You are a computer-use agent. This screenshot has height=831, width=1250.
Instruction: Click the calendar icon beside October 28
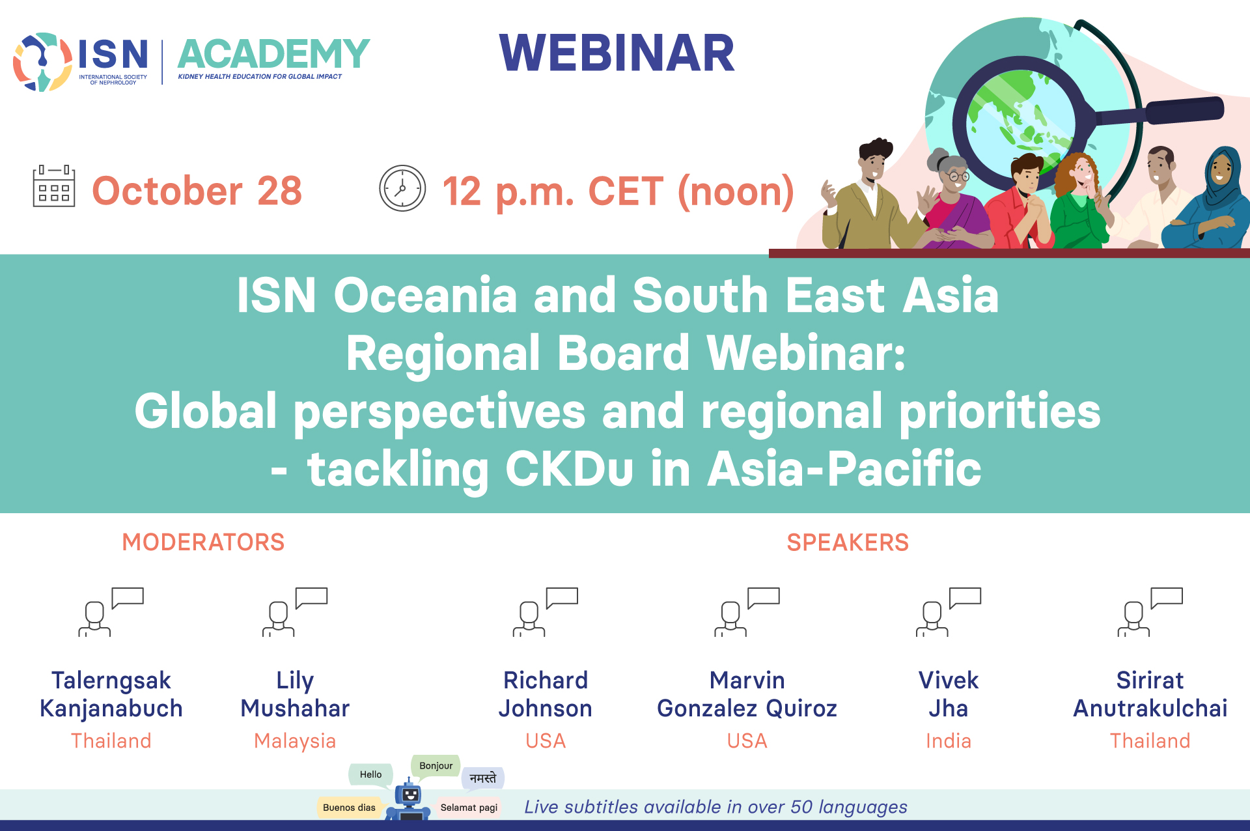[x=54, y=186]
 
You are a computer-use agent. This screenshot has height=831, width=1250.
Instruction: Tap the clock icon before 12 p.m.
[x=402, y=188]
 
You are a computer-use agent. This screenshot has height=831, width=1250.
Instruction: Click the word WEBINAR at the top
[x=617, y=53]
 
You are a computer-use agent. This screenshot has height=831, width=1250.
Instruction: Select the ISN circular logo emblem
[x=42, y=62]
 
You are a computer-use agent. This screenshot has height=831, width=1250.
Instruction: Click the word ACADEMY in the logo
[x=273, y=53]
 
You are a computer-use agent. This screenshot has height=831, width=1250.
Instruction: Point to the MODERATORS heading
[x=203, y=542]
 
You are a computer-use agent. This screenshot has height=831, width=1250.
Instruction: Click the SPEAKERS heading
[x=848, y=542]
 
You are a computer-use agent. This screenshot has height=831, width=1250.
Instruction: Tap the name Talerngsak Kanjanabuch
[x=111, y=694]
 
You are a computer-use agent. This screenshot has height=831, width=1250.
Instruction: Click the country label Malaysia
[x=295, y=740]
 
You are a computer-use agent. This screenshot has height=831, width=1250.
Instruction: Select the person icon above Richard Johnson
[x=546, y=612]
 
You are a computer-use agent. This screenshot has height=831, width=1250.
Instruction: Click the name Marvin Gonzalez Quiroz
[x=747, y=694]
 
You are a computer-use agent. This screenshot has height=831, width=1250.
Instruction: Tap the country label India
[x=949, y=740]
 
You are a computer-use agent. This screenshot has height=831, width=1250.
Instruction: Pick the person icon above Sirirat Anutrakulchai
[x=1150, y=612]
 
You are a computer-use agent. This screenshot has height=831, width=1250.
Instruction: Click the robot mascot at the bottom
[x=409, y=800]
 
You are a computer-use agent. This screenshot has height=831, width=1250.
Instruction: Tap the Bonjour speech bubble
[x=436, y=766]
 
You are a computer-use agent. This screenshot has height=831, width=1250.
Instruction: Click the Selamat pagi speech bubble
[x=469, y=808]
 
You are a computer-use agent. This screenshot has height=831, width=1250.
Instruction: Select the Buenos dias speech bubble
[x=349, y=808]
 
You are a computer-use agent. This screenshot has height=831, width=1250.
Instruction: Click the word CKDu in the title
[x=569, y=468]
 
